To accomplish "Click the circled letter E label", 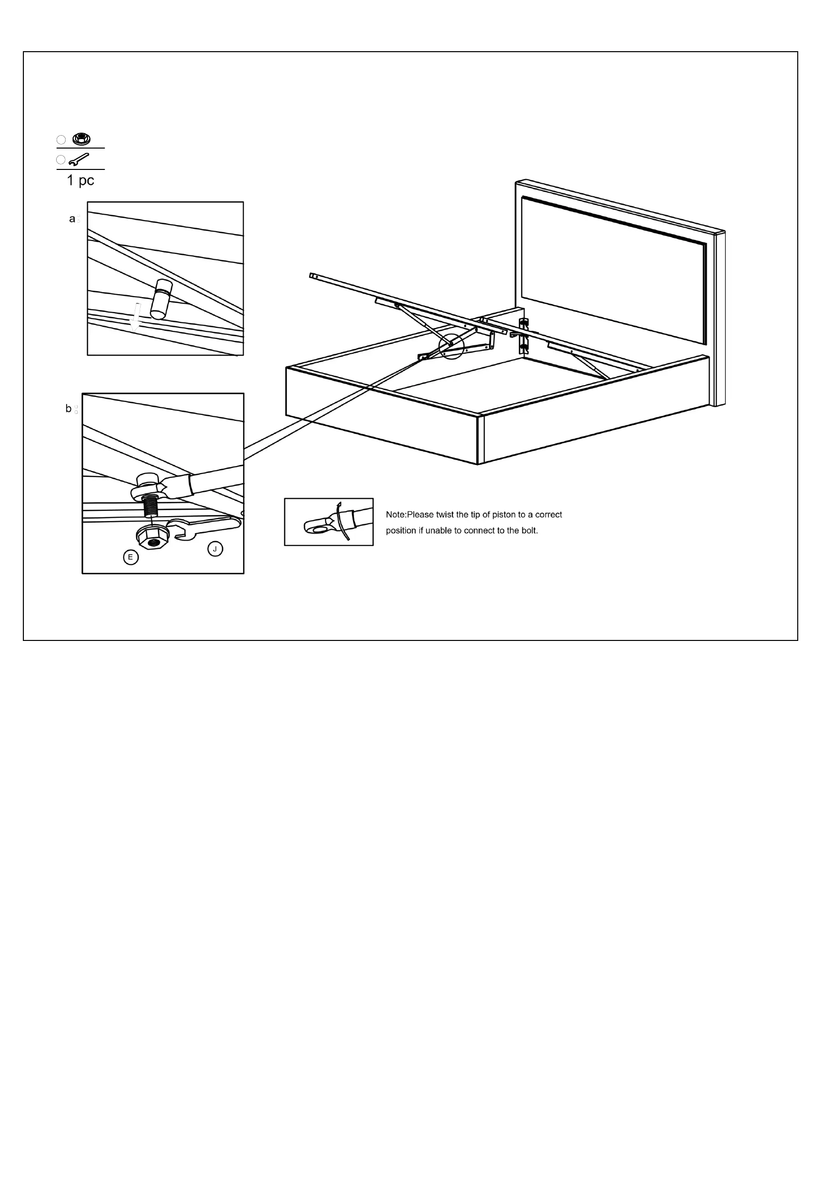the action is [131, 557].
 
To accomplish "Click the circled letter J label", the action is [215, 549].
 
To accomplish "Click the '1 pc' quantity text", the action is [81, 180].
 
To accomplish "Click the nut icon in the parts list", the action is [82, 139].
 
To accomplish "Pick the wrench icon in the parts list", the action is [79, 159].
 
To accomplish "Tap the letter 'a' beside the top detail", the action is [72, 219].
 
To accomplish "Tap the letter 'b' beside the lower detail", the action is [69, 408].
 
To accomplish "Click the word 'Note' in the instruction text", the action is [396, 515].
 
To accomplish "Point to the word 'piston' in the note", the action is [503, 515].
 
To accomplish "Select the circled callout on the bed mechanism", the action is [451, 346].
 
